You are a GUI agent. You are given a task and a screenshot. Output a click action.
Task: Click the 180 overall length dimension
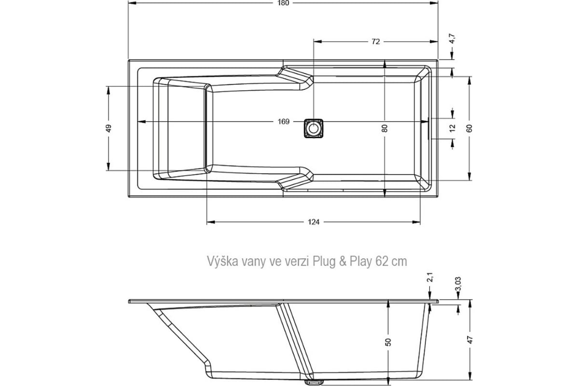click(283, 3)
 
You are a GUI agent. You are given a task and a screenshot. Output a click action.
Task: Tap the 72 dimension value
click(375, 41)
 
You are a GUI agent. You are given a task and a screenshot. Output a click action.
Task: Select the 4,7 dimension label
click(453, 39)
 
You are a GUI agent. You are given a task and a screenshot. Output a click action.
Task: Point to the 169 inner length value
click(283, 122)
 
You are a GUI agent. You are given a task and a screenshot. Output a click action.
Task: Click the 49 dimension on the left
click(109, 128)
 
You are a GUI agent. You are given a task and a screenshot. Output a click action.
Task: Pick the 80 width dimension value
click(385, 128)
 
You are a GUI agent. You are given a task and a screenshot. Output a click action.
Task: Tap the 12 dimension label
click(453, 128)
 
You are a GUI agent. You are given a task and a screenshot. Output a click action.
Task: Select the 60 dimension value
click(469, 128)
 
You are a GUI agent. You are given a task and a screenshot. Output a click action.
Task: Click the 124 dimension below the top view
click(313, 222)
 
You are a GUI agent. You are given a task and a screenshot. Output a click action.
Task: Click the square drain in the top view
click(313, 128)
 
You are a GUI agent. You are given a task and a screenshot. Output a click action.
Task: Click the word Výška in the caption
click(222, 261)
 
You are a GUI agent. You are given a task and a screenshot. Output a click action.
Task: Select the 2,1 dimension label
click(430, 277)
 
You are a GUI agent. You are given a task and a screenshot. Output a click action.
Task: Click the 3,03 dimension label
click(459, 284)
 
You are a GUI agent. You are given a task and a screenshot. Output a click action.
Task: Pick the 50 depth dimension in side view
click(388, 342)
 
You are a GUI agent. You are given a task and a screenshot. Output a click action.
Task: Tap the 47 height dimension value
click(470, 340)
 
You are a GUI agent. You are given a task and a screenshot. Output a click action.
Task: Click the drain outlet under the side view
click(314, 382)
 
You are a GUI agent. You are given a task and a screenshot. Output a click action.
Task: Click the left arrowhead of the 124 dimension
click(211, 222)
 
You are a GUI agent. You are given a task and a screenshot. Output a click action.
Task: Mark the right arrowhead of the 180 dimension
click(434, 3)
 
